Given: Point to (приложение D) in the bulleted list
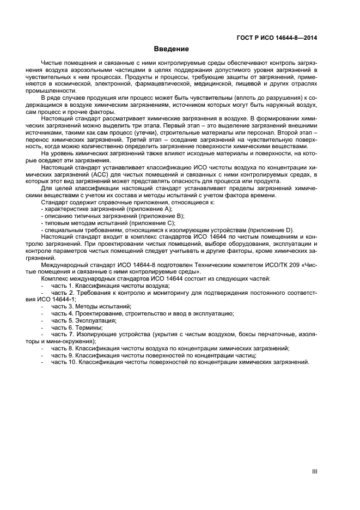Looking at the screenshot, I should (x=270, y=230).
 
